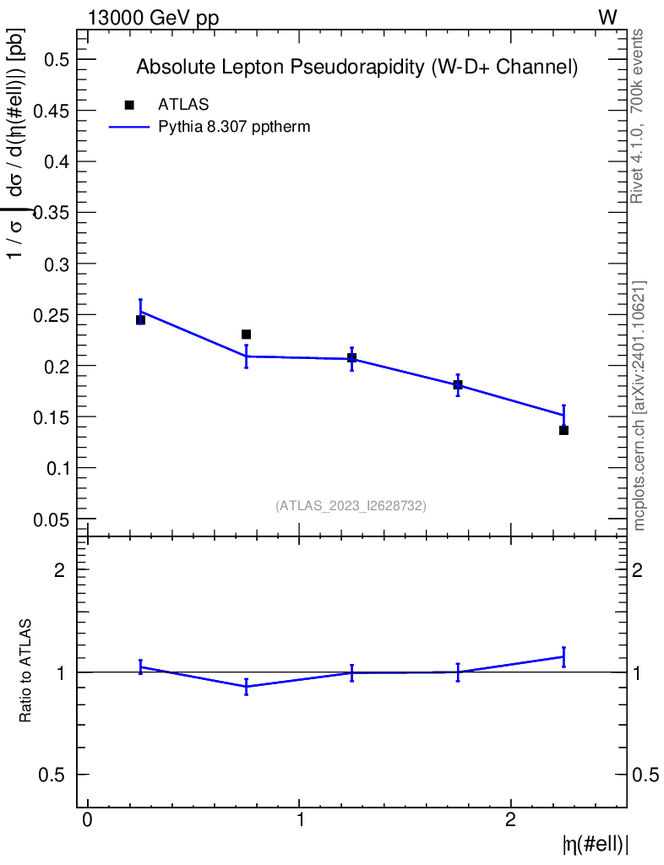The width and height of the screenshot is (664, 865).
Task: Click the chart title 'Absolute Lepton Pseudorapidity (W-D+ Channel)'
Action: pos(356,68)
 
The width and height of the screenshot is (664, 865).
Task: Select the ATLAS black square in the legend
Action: pos(129,105)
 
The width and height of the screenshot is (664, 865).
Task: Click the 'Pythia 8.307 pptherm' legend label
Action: pos(235,128)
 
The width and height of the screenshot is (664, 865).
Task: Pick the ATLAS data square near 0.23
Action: pos(246,335)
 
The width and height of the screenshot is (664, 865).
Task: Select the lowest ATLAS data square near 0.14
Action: pos(563,430)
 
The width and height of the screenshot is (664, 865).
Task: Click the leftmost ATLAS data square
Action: pos(140,320)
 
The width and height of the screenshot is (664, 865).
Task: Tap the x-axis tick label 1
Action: pos(300,821)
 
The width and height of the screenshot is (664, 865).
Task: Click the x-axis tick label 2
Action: pos(511,821)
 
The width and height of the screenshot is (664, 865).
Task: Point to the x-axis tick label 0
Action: pos(87,821)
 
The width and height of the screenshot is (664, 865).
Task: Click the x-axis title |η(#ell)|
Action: pos(595,844)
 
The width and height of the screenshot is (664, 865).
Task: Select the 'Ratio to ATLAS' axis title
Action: pos(26,671)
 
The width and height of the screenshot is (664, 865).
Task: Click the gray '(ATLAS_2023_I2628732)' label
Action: pos(351,506)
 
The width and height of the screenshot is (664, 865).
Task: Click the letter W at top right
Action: pos(607,19)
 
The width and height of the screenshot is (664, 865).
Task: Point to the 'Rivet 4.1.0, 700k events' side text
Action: pos(638,117)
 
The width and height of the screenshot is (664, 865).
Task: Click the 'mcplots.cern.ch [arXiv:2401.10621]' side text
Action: pos(640,405)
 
